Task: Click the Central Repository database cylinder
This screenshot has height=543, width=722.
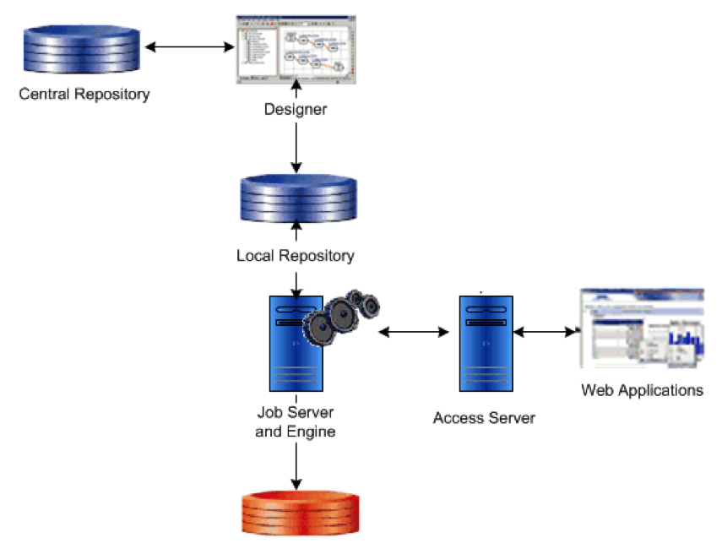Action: pos(80,52)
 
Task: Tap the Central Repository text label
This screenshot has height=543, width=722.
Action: pos(84,94)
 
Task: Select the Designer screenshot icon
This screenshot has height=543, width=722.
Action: pos(295,49)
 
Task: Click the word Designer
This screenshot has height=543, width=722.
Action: pos(296,109)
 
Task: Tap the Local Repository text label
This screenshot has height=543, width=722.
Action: pos(296,255)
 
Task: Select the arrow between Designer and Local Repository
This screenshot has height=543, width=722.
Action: pos(296,144)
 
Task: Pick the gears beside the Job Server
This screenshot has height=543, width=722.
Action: pos(343,317)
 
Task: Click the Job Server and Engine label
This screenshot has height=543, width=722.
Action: pos(296,422)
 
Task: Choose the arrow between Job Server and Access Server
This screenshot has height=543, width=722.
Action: pos(414,333)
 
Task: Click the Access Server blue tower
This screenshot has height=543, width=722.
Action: pos(485,343)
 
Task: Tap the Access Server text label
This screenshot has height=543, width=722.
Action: pos(484,418)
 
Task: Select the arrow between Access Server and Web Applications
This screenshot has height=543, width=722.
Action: pos(545,333)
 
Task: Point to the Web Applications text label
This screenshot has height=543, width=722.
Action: pos(642,390)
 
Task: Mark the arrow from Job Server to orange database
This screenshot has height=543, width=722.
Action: pos(296,464)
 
